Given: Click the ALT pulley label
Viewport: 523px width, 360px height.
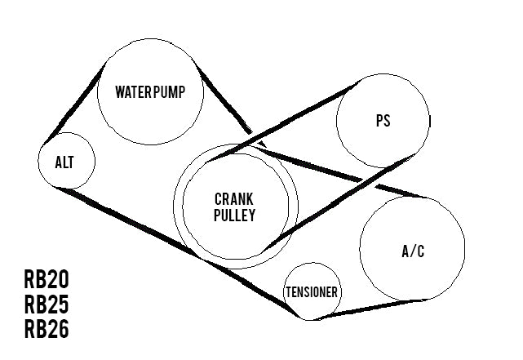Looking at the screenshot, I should point(64,162).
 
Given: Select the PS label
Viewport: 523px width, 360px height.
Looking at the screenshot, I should point(383,120).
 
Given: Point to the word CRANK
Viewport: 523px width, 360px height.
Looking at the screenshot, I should point(234,198).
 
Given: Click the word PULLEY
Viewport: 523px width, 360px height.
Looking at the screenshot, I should point(234,216).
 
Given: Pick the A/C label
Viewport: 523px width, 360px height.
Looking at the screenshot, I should point(413,251).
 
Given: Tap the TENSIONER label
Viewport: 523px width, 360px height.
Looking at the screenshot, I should point(312,292).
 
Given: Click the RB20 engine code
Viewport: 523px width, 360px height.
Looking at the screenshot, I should point(47,280).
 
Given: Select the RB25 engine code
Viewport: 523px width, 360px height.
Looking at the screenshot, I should point(47,304).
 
